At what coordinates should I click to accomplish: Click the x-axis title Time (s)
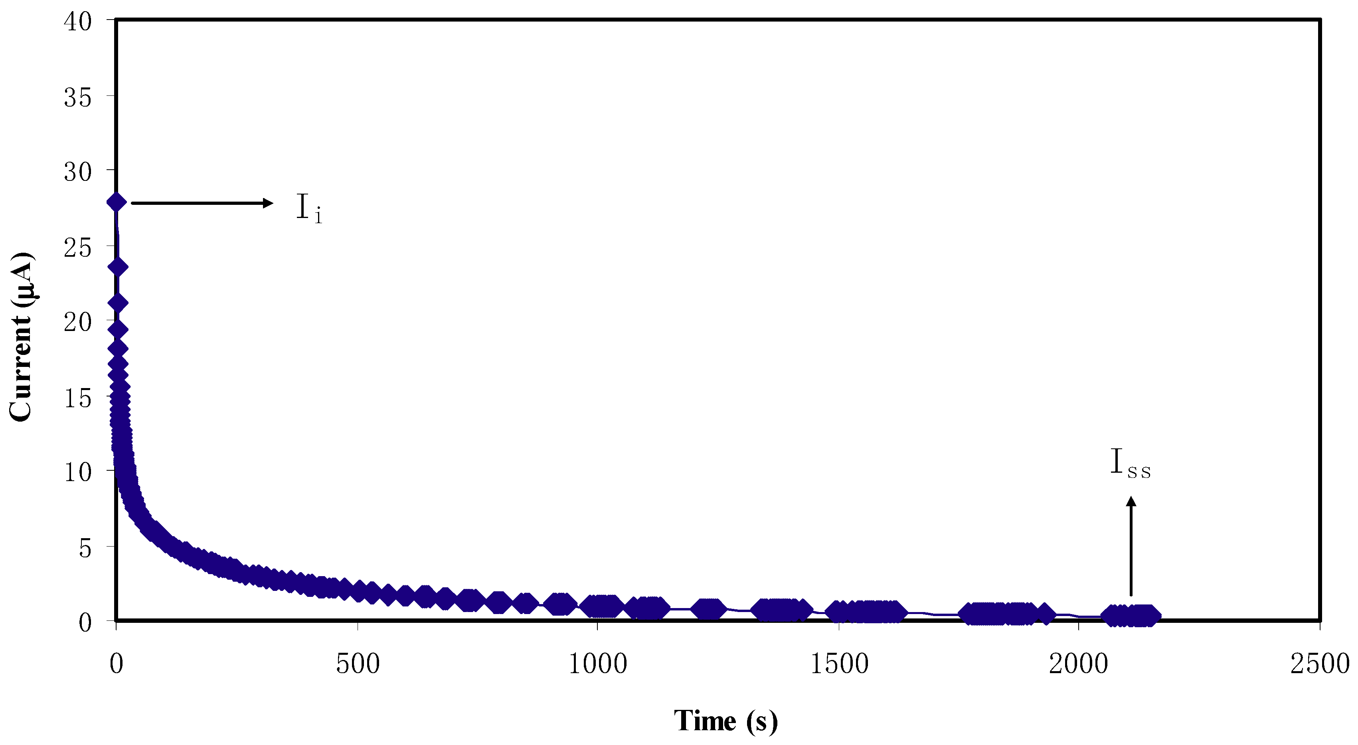click(725, 720)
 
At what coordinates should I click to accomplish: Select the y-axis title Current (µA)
click(21, 337)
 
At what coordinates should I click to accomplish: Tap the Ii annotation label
click(309, 208)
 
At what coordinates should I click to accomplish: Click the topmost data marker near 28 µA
click(116, 202)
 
